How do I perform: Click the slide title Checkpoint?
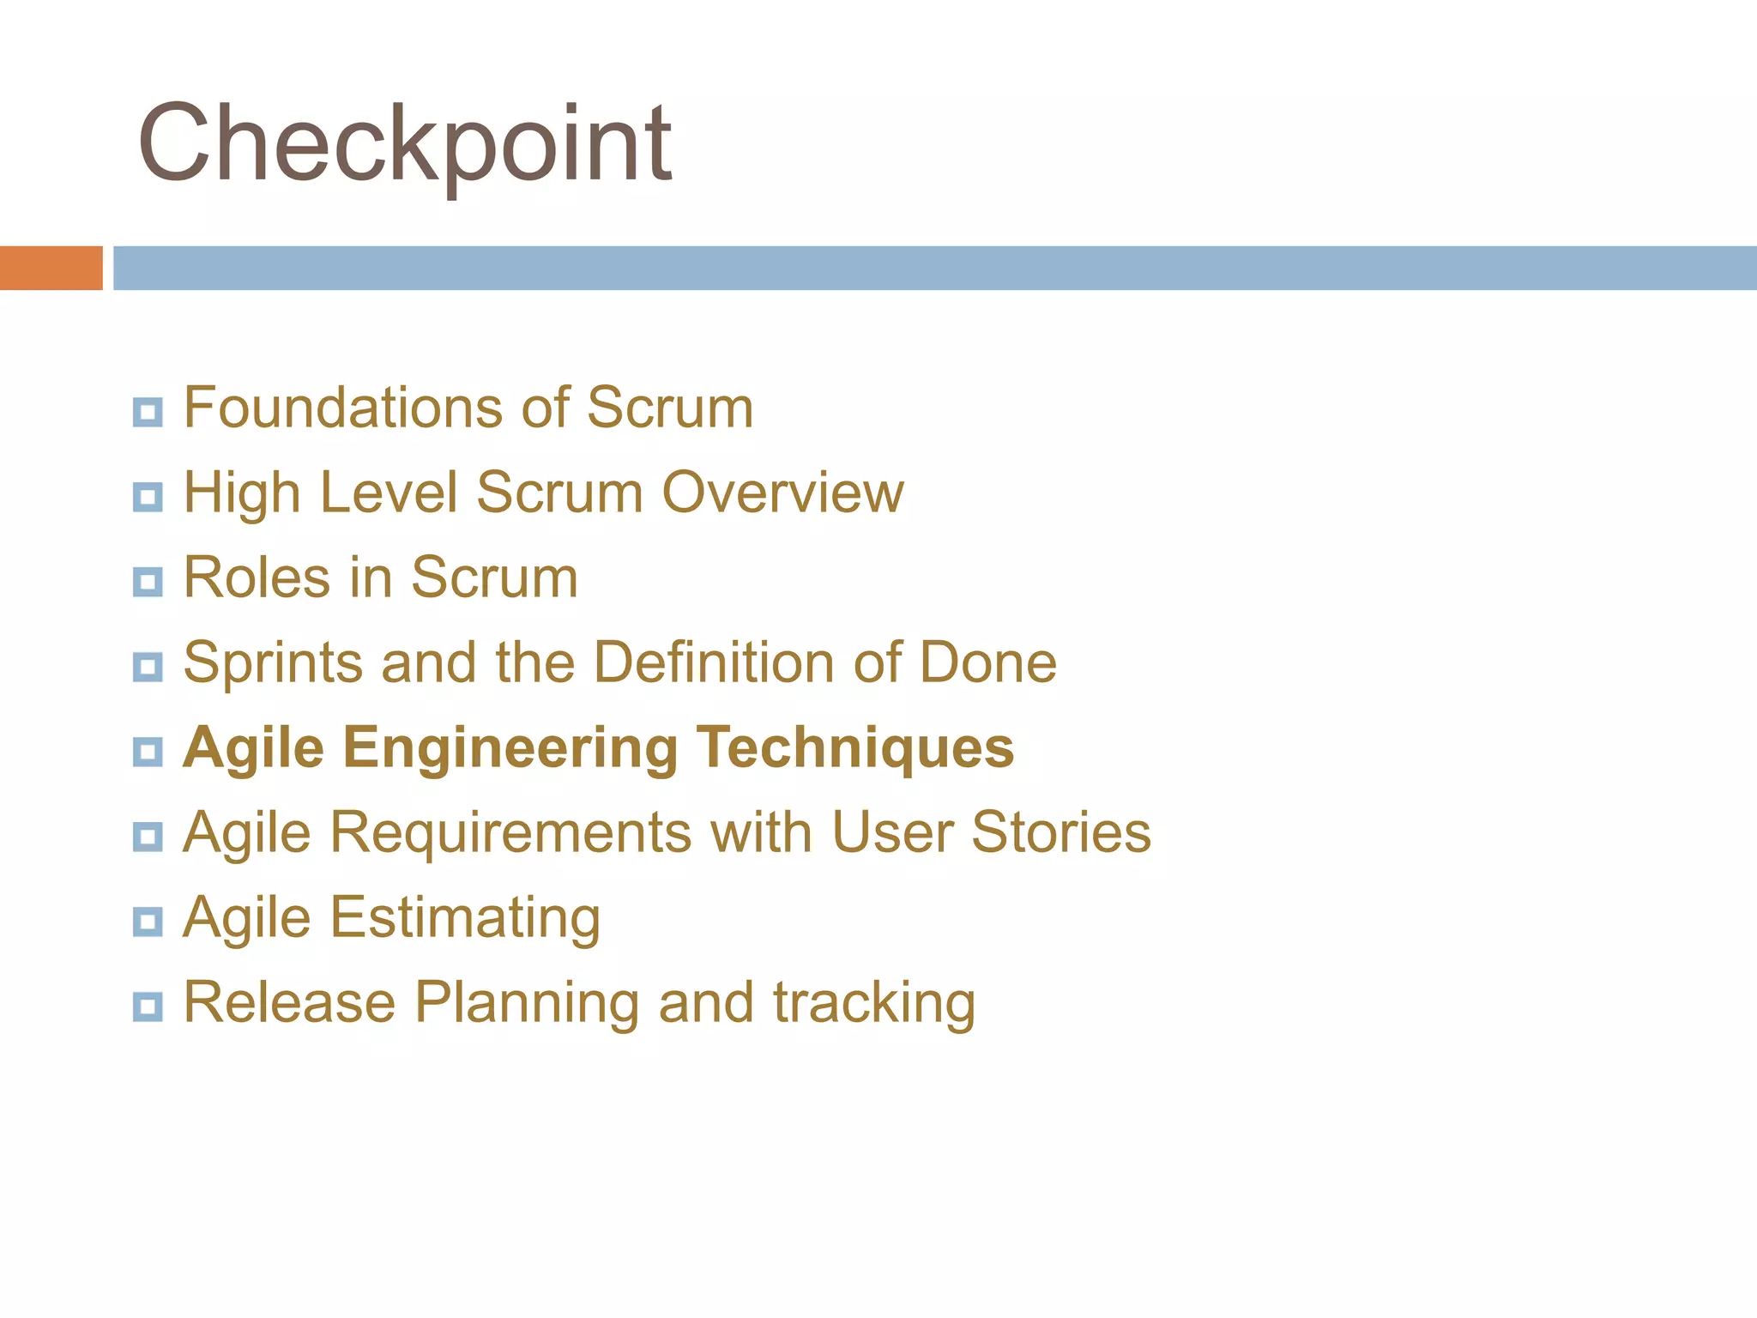coord(404,144)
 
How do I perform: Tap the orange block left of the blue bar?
coord(51,268)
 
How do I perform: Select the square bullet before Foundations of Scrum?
coord(148,412)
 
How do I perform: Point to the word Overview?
coord(782,493)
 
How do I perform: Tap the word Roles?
coord(257,577)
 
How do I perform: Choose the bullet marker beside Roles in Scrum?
coord(148,582)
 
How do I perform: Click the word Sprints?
coord(273,663)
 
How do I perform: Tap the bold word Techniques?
coord(854,747)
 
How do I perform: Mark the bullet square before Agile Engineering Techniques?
coord(148,752)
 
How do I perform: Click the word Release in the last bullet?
coord(289,1002)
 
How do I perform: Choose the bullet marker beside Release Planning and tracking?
coord(148,1006)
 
